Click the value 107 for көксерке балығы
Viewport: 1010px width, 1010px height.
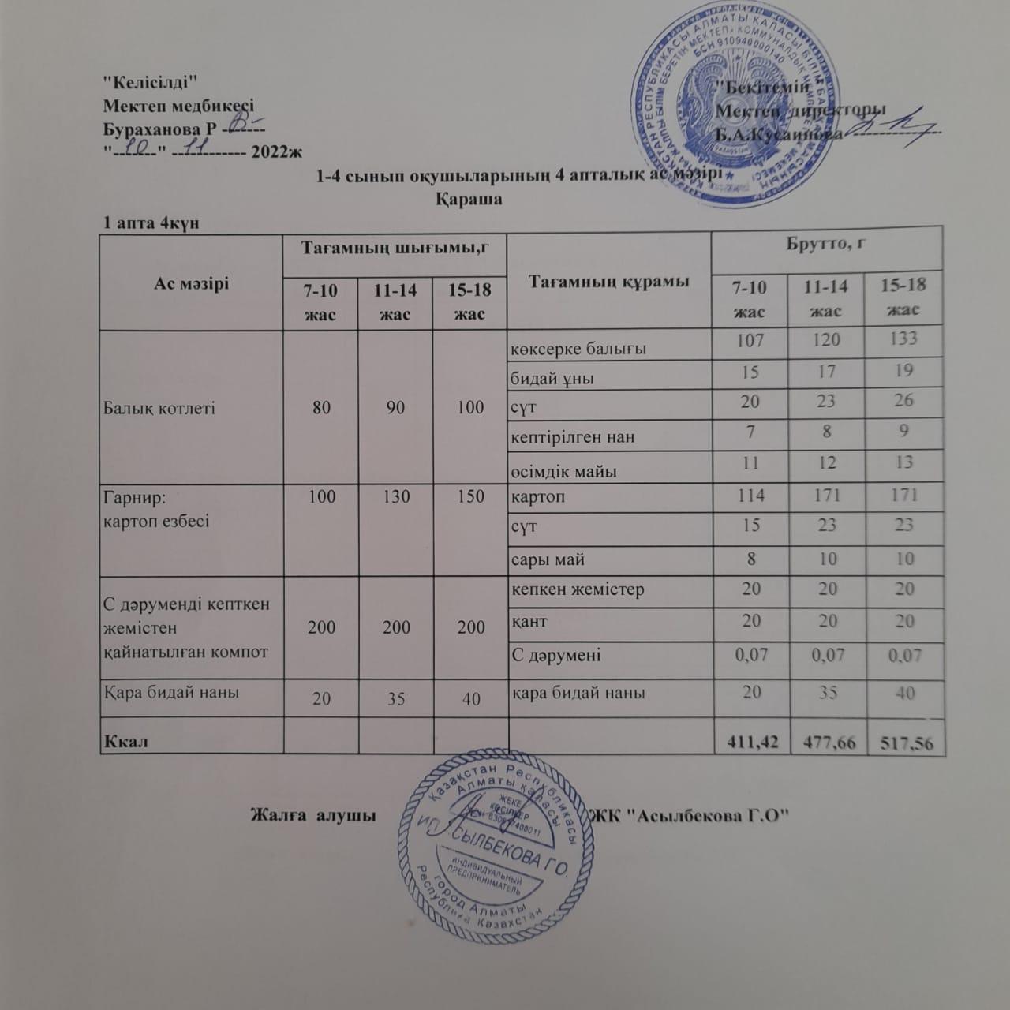(750, 339)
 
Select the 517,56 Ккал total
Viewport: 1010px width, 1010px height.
(903, 742)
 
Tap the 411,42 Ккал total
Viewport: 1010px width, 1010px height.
(750, 742)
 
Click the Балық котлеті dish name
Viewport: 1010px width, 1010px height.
(159, 408)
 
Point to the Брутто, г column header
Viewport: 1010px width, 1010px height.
(826, 244)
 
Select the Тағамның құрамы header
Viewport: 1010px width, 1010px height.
(608, 282)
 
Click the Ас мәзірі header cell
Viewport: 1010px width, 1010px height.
(191, 282)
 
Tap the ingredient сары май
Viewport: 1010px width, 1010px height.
(548, 560)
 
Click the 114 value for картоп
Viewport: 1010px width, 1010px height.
(750, 496)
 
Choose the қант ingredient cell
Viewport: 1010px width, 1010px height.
(529, 621)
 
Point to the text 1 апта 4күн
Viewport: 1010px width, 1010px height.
(151, 223)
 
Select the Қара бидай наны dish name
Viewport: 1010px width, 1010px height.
(171, 692)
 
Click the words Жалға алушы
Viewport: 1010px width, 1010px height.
(312, 814)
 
